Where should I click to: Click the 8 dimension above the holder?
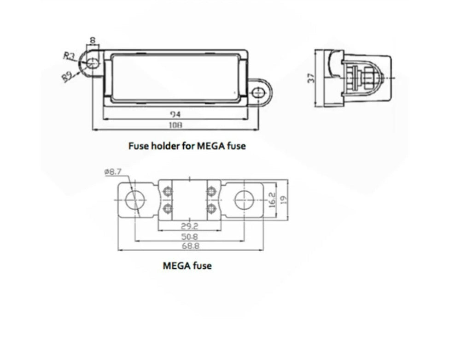[93, 41]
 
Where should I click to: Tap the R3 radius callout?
[69, 56]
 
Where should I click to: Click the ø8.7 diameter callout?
[113, 172]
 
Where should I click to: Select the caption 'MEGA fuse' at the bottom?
[187, 266]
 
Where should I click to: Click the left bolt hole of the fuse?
[134, 200]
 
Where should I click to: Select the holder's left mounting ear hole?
[93, 63]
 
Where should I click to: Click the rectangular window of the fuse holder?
[175, 76]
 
